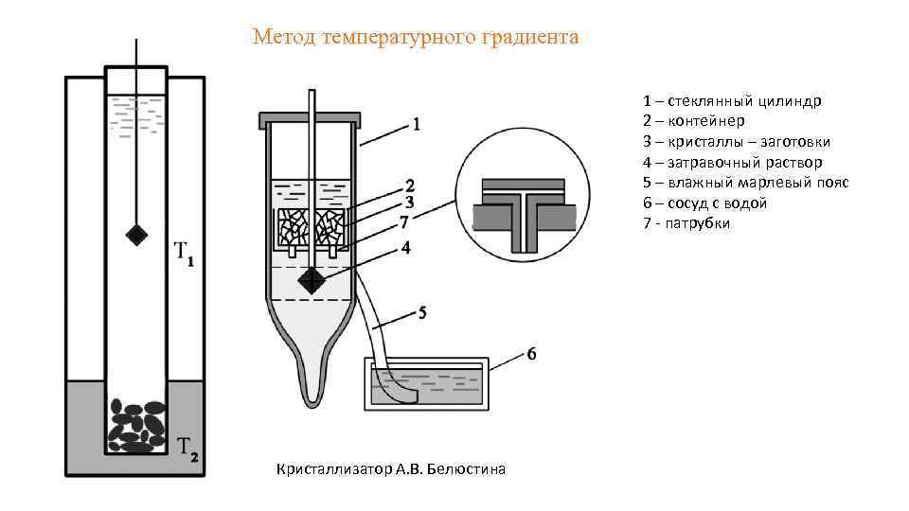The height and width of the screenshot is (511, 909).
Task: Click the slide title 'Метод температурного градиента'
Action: click(415, 37)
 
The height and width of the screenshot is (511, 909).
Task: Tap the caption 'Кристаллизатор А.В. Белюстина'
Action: click(390, 468)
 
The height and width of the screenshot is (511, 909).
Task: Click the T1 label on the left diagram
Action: click(184, 254)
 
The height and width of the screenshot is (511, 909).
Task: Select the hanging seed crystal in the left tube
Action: click(137, 232)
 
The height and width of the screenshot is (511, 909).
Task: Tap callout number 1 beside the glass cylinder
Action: click(416, 123)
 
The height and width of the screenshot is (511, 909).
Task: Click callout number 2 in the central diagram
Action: click(410, 185)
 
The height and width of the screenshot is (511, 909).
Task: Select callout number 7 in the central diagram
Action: click(404, 222)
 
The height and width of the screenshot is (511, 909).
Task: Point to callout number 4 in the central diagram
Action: click(405, 248)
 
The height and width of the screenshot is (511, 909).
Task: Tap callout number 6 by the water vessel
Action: click(531, 354)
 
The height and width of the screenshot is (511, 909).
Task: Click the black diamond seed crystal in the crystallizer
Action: click(311, 280)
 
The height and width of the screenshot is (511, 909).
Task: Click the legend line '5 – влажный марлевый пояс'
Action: click(745, 183)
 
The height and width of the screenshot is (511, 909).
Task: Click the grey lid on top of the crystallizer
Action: click(311, 120)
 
